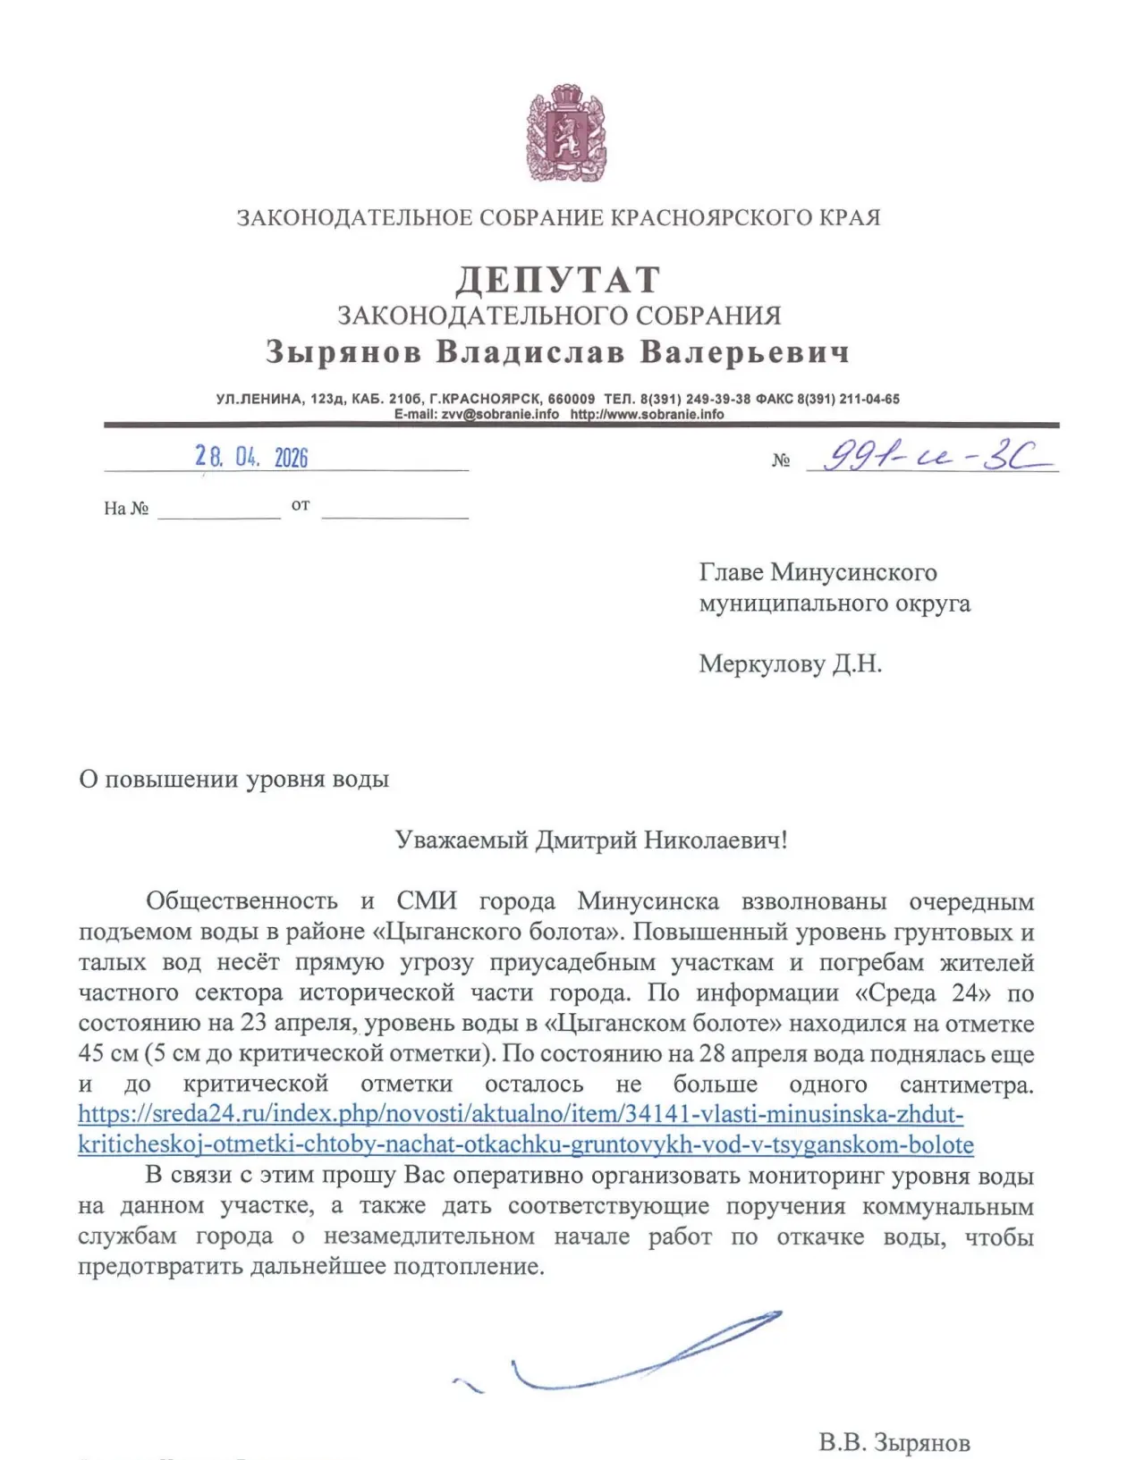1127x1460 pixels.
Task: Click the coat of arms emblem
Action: pos(564,133)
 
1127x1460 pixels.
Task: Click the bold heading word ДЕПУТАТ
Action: pos(558,280)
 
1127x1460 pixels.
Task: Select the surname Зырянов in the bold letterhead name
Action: pos(343,352)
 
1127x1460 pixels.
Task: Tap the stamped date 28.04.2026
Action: pos(251,458)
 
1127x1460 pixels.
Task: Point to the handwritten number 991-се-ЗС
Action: pos(930,458)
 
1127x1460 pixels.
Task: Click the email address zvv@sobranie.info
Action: pos(500,414)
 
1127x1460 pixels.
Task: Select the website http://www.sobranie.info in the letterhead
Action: pos(647,414)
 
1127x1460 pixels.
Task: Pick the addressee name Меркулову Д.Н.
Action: pos(790,664)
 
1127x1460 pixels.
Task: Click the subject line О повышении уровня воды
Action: pos(233,780)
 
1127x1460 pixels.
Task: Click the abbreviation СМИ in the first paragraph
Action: pos(426,901)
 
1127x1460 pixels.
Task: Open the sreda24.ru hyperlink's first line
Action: pos(521,1115)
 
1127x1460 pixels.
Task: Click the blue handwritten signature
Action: pos(626,1355)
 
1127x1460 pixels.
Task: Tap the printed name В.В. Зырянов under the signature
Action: pos(894,1442)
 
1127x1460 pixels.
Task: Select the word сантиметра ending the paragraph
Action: pos(966,1084)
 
